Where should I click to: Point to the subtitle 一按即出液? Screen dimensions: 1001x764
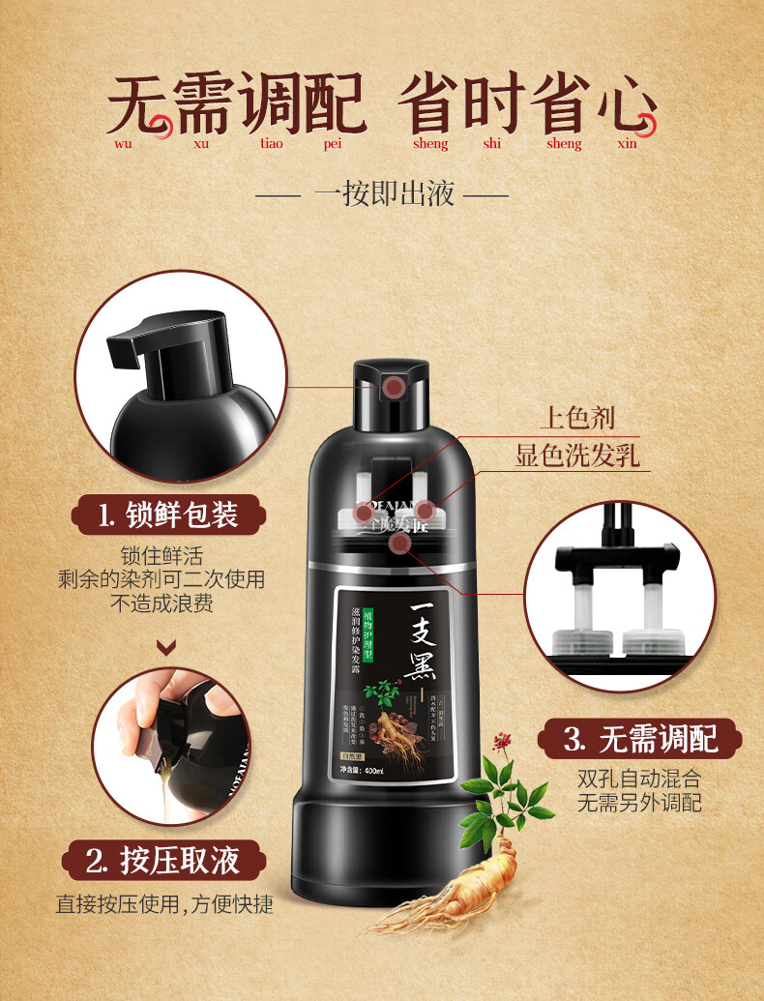(383, 194)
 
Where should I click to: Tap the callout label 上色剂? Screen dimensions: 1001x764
(577, 418)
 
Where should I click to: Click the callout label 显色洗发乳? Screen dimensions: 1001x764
(577, 456)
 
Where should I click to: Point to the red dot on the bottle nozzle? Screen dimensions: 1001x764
(394, 388)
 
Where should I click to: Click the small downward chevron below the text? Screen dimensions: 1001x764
(166, 647)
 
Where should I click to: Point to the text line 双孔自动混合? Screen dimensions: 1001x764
(639, 778)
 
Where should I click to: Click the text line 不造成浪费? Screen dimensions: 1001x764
(162, 604)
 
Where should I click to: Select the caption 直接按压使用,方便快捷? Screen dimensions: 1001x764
(164, 905)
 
